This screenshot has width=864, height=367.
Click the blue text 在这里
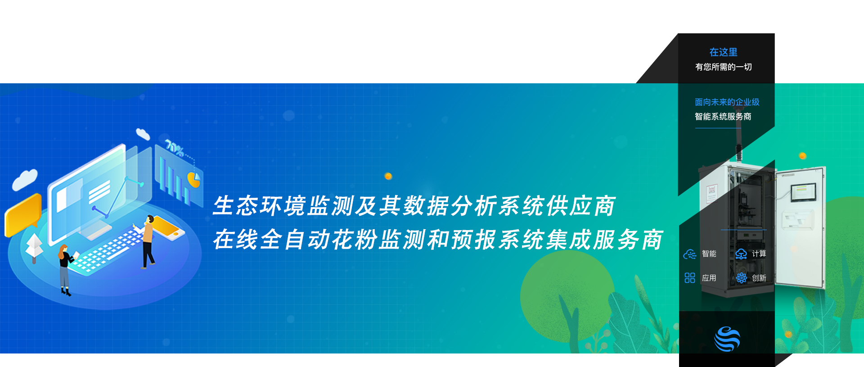[x=723, y=52]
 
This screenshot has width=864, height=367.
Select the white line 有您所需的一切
[x=723, y=67]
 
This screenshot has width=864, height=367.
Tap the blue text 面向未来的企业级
[x=727, y=102]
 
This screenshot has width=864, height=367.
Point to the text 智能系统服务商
[x=723, y=117]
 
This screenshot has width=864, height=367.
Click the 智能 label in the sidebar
[x=709, y=254]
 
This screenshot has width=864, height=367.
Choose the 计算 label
[x=759, y=254]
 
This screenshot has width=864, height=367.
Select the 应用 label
[x=709, y=278]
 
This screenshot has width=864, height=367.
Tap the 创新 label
[x=759, y=278]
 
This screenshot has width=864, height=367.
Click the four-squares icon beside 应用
[x=689, y=278]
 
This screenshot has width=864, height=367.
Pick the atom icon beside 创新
[x=741, y=278]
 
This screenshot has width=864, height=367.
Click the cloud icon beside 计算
[x=741, y=254]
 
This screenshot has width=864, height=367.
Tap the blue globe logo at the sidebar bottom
[x=727, y=339]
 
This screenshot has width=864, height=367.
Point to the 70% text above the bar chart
[x=175, y=147]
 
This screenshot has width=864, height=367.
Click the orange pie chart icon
[x=194, y=179]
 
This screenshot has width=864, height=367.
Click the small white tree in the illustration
[x=34, y=248]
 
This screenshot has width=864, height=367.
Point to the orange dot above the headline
[x=388, y=176]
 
